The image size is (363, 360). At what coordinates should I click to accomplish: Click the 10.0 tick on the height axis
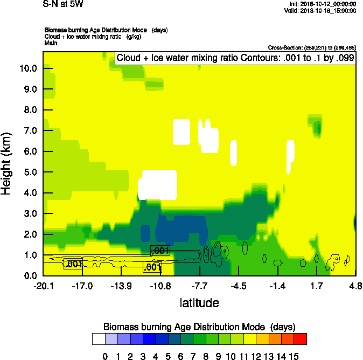pyautogui.click(x=27, y=68)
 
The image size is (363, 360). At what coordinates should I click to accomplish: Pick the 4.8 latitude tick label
pyautogui.click(x=355, y=286)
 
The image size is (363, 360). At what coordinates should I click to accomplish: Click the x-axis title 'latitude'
pyautogui.click(x=199, y=303)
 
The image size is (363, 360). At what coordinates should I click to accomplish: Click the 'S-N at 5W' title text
pyautogui.click(x=62, y=4)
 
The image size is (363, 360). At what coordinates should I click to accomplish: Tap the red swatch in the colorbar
pyautogui.click(x=301, y=339)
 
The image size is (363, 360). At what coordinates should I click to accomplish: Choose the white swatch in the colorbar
pyautogui.click(x=99, y=339)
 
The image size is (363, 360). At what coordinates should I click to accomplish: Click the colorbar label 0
pyautogui.click(x=105, y=356)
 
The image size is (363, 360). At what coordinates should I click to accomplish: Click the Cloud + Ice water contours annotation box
pyautogui.click(x=235, y=58)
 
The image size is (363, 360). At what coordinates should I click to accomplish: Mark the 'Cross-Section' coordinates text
pyautogui.click(x=311, y=48)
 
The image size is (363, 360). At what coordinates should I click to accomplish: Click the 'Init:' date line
pyautogui.click(x=323, y=4)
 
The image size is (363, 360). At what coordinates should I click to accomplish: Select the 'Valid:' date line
pyautogui.click(x=323, y=10)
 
